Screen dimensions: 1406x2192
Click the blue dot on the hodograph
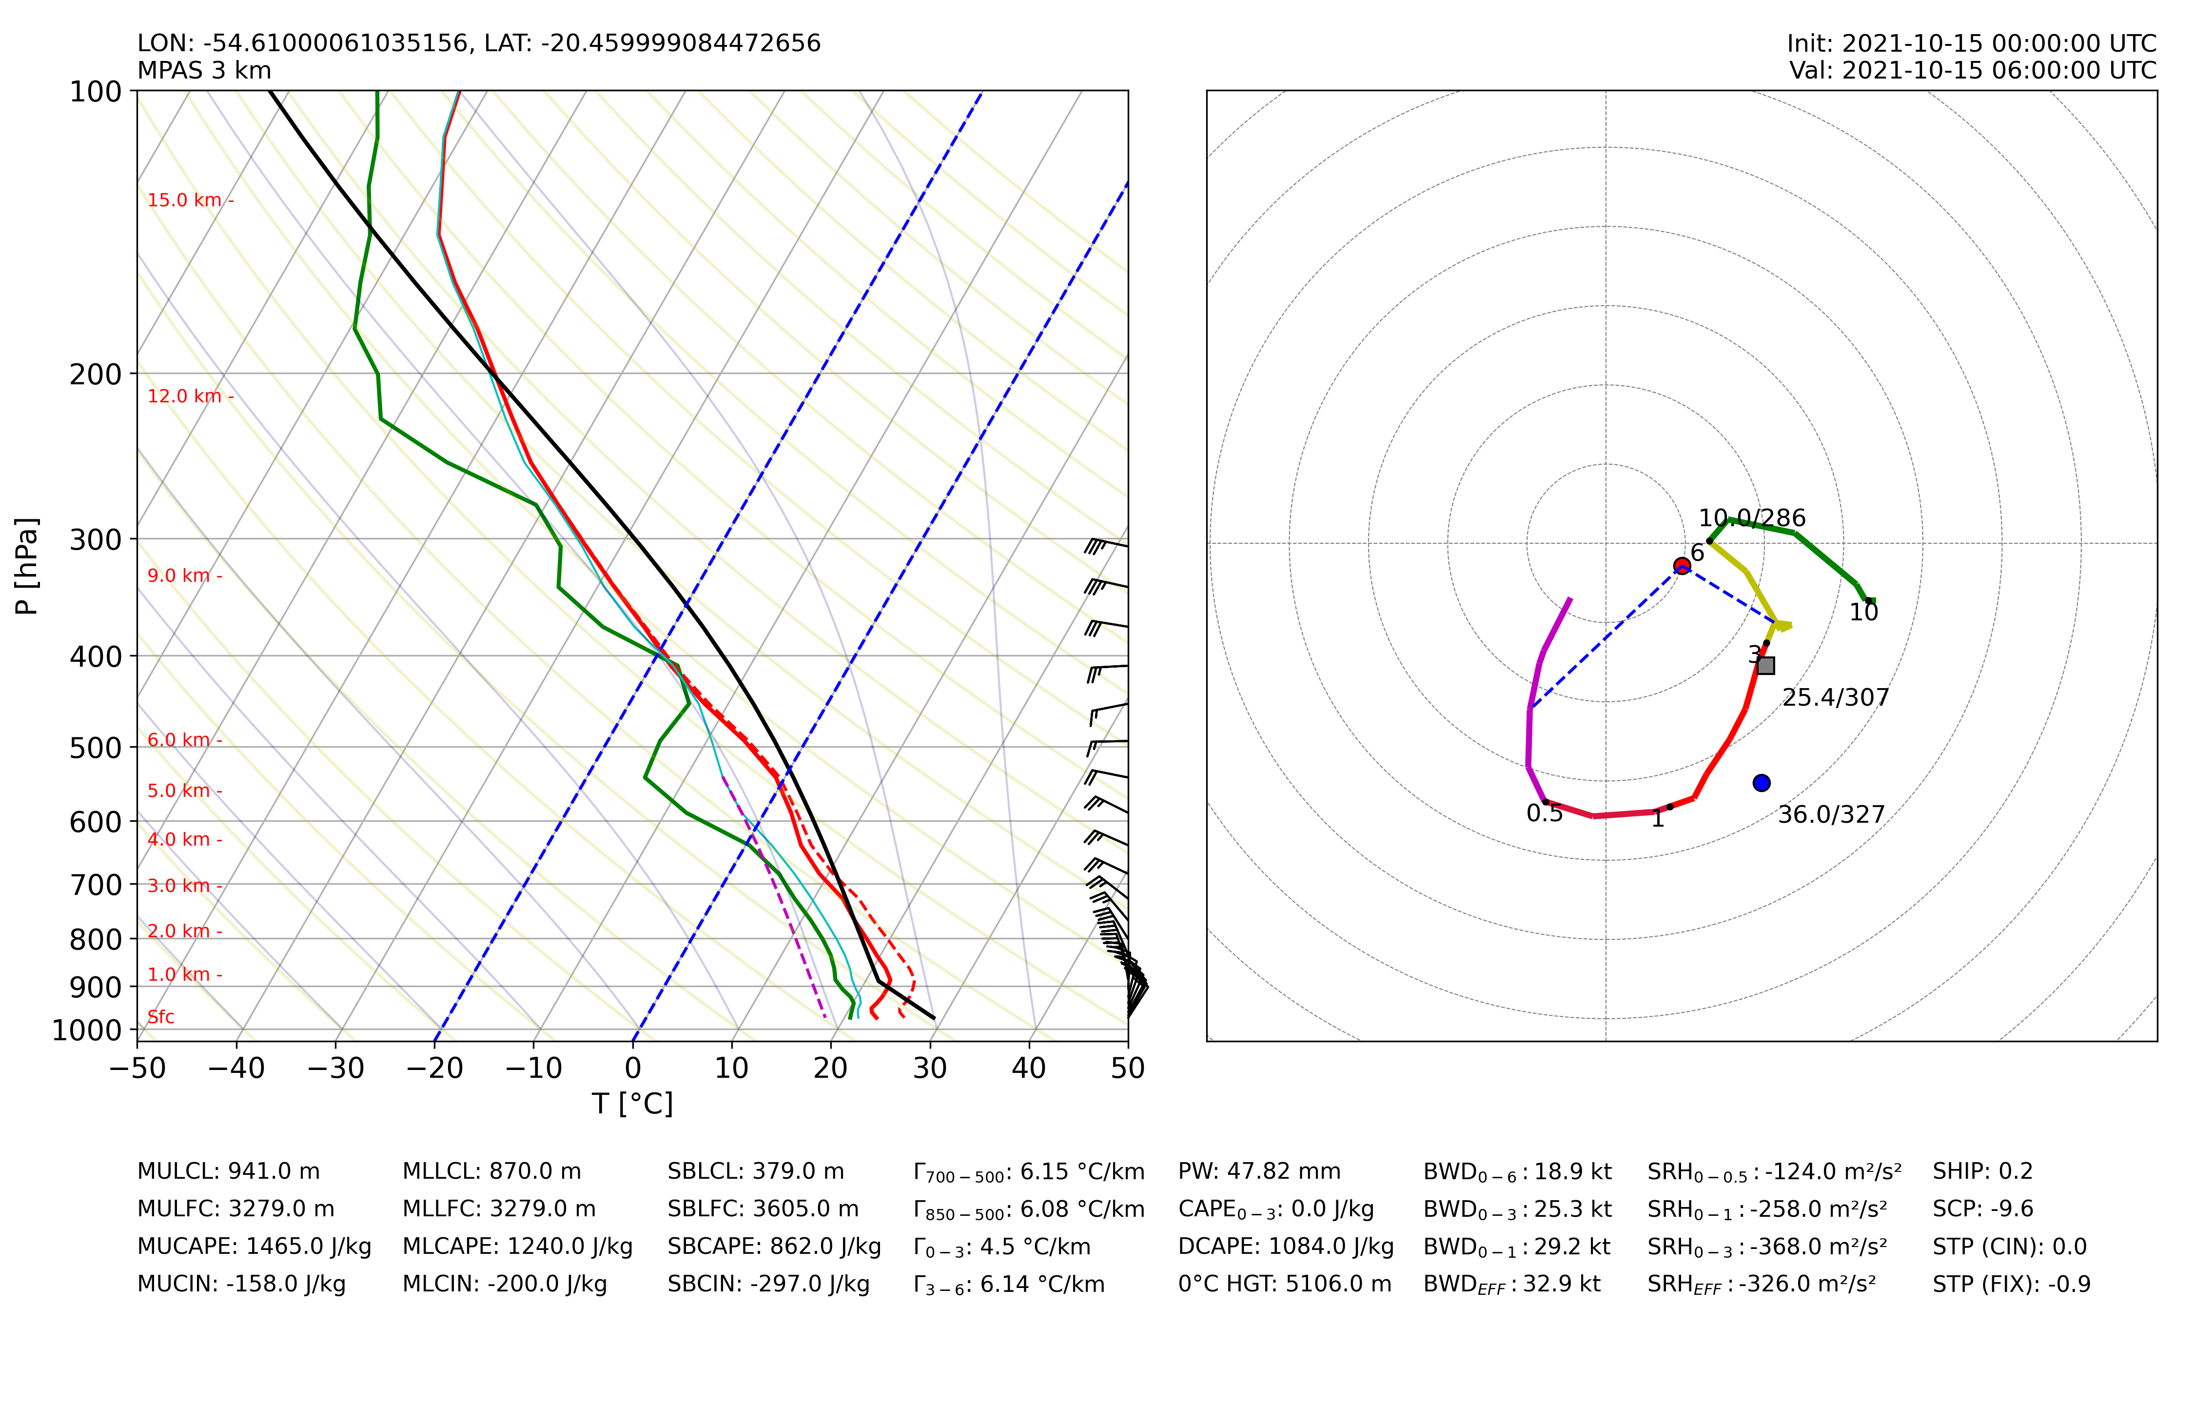coord(1761,782)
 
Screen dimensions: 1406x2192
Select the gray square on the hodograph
coord(1766,666)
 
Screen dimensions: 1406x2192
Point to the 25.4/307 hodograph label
coord(1835,697)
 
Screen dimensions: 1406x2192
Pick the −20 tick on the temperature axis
coord(434,1068)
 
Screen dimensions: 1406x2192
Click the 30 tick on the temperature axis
coord(930,1068)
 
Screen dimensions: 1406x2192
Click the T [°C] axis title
coord(632,1104)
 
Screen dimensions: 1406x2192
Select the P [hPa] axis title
coord(27,566)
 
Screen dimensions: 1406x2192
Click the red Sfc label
coord(160,1017)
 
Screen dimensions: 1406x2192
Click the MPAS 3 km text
coord(204,70)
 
